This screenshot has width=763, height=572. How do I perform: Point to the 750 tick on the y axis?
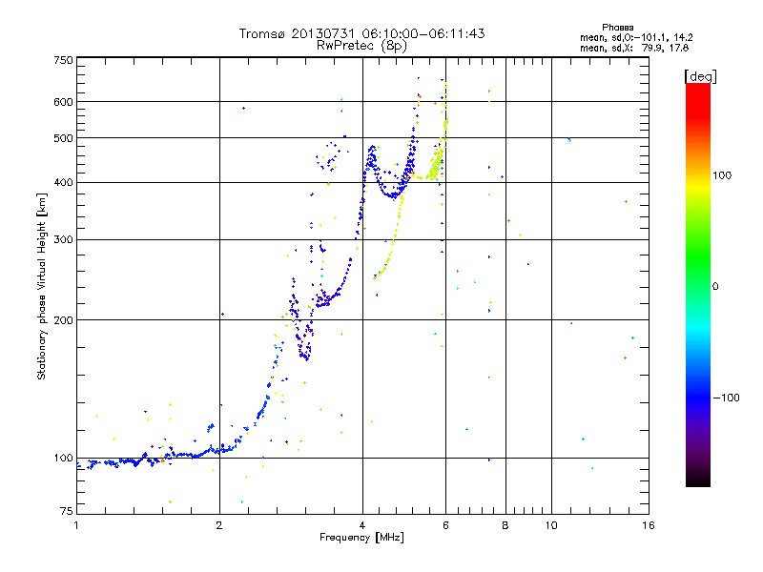(x=63, y=60)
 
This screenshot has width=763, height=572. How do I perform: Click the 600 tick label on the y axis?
(x=63, y=102)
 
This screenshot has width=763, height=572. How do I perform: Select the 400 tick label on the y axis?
(x=63, y=183)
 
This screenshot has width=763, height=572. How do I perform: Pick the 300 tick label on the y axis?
(x=63, y=240)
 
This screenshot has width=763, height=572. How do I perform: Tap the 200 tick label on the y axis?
(x=63, y=320)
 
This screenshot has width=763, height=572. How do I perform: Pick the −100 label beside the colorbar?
(x=727, y=398)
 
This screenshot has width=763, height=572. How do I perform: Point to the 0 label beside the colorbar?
(x=716, y=286)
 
